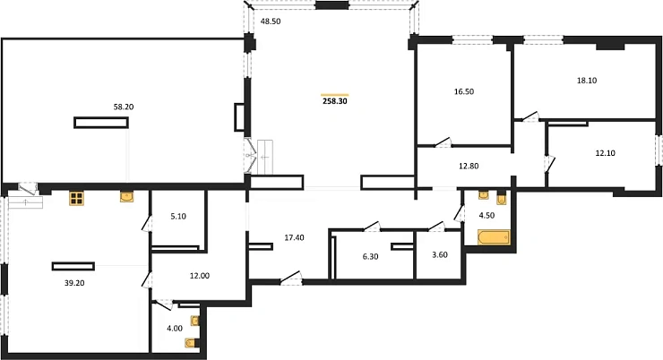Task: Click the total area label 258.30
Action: tap(334, 103)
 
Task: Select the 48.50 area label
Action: tap(270, 21)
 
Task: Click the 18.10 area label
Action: tap(587, 80)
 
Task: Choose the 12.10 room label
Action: tap(606, 153)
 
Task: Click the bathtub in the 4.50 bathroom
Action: tap(494, 238)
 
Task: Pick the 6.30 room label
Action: tap(370, 255)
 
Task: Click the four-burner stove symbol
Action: tap(77, 199)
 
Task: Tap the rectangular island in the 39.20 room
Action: tap(73, 265)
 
